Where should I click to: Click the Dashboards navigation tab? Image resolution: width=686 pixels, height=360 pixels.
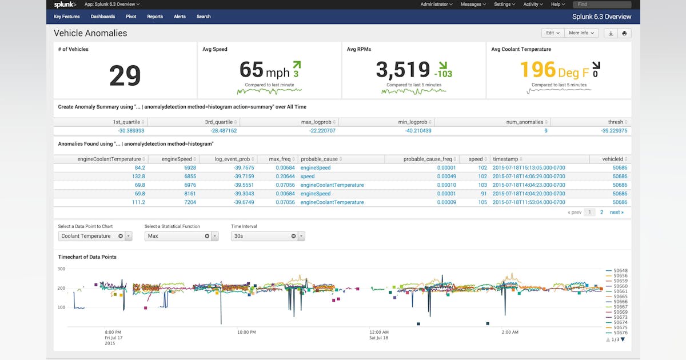102,17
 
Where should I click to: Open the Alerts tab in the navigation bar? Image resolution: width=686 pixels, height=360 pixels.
180,17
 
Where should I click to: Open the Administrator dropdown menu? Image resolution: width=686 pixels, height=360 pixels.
436,5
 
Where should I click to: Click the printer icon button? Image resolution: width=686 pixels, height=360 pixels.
624,33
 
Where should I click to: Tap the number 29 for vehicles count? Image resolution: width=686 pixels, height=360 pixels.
125,75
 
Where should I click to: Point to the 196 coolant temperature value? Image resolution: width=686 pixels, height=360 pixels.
538,70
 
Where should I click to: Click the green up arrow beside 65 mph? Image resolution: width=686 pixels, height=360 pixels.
297,65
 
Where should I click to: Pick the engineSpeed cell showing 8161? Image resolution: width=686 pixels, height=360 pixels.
190,194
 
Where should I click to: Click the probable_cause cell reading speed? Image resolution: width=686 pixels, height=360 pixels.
307,177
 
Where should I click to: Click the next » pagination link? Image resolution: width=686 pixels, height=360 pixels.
616,212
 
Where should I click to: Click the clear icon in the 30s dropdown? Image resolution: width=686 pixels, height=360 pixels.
293,236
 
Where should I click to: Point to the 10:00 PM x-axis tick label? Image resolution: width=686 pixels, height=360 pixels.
246,332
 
